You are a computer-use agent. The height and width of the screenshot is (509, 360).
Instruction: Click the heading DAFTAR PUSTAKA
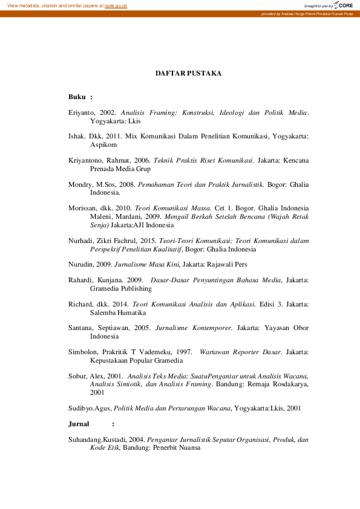[x=188, y=73]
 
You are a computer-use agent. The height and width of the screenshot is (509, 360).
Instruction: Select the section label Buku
[x=77, y=96]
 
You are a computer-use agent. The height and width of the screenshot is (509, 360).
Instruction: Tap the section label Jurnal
[x=79, y=424]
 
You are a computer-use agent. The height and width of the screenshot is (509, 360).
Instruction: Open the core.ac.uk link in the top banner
[x=116, y=5]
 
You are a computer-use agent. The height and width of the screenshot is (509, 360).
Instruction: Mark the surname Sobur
[x=79, y=375]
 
